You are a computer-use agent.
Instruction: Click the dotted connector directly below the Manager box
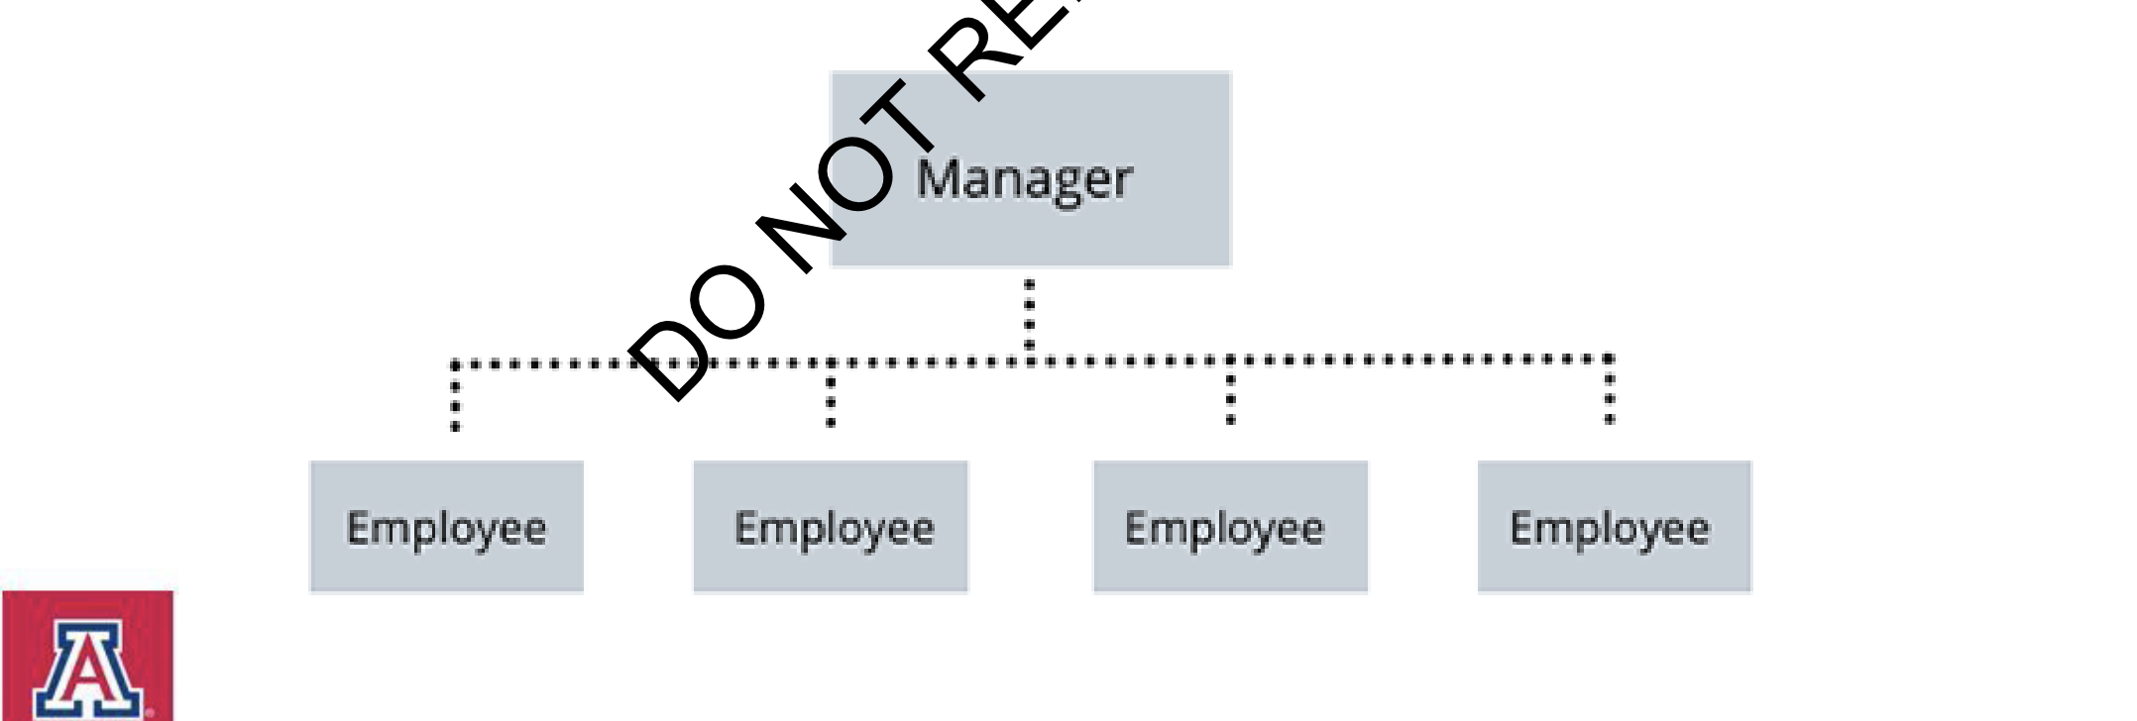tap(1030, 315)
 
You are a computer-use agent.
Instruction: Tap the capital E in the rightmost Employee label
tap(1520, 528)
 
